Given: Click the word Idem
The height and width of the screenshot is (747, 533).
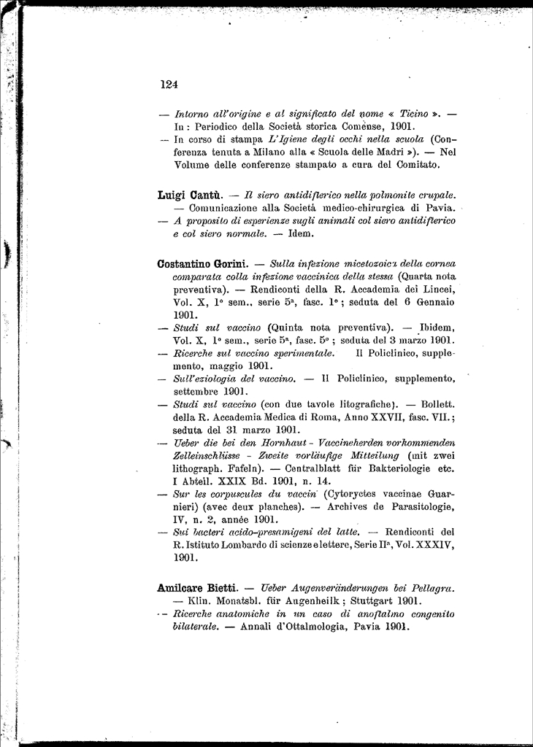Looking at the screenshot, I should click(300, 234).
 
